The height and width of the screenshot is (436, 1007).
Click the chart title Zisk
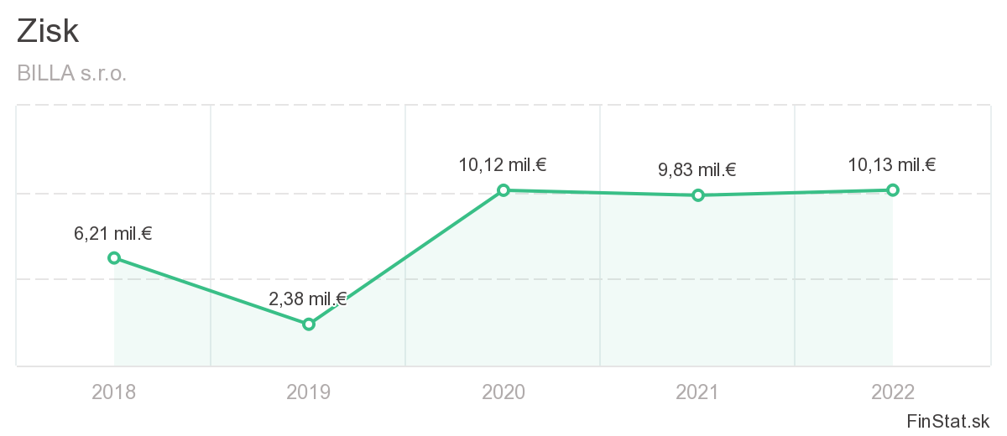coord(48,32)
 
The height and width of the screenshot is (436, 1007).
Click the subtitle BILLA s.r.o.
coord(71,74)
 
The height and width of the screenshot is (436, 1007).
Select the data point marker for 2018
coord(114,257)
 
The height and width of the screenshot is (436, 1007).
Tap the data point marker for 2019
coord(309,324)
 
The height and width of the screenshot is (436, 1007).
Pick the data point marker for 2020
coord(503,190)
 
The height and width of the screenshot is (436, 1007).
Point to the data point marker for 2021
coord(697,195)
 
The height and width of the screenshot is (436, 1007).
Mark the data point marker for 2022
coord(893,189)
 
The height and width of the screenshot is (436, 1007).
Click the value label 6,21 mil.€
coord(113,234)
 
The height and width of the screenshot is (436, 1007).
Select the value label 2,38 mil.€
coord(307,299)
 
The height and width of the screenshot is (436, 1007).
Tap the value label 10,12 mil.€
coord(502,165)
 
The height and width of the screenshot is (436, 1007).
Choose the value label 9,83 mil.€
coord(697,170)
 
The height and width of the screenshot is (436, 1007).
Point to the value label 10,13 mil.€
coord(892,164)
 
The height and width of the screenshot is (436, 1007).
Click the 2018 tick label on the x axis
coord(113,392)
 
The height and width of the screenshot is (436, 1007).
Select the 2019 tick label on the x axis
coord(308,392)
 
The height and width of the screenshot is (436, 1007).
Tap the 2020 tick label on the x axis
coord(503,392)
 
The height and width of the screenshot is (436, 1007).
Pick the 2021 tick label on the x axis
coord(697,392)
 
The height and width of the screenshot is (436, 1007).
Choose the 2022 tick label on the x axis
coord(893,392)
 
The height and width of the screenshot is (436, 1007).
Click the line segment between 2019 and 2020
coord(406,257)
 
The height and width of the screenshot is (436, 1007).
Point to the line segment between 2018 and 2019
coord(211,291)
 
